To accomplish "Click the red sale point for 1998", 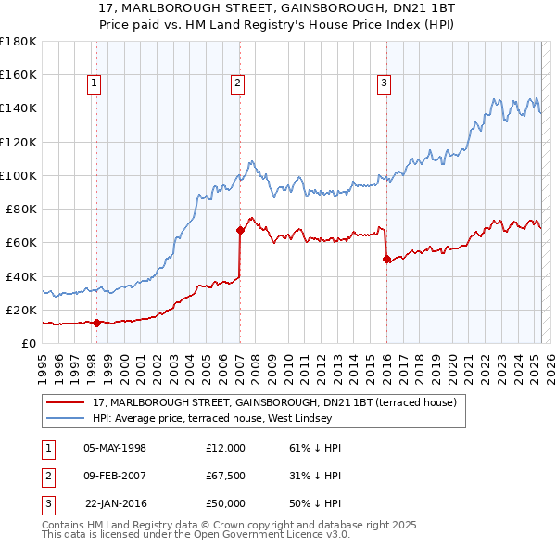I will pyautogui.click(x=96, y=323).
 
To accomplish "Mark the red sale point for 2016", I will pyautogui.click(x=385, y=259).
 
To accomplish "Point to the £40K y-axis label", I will pyautogui.click(x=21, y=276).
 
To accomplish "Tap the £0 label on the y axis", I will pyautogui.click(x=30, y=343).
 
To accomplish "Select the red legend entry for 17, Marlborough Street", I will pyautogui.click(x=275, y=402).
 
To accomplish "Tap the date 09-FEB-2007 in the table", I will pyautogui.click(x=116, y=476).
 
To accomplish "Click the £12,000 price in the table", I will pyautogui.click(x=225, y=448).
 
